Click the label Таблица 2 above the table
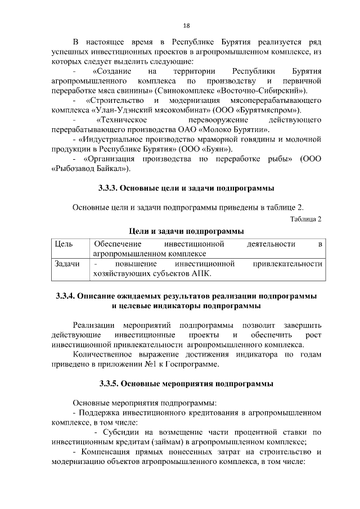306,219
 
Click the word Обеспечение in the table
117,244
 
